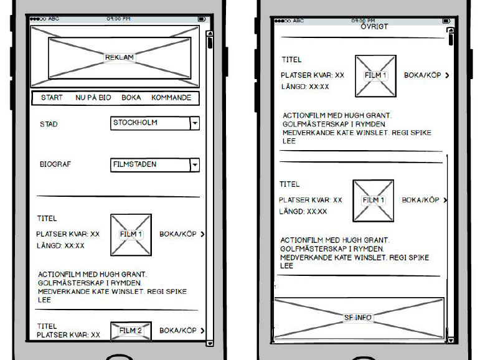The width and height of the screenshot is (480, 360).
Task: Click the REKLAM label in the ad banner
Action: (x=119, y=57)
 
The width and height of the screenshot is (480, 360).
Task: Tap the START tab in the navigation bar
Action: (x=52, y=98)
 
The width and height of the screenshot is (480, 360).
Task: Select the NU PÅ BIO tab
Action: (x=93, y=98)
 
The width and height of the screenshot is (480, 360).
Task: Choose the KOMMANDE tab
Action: (x=171, y=98)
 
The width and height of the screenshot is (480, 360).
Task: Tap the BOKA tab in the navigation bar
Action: (x=131, y=98)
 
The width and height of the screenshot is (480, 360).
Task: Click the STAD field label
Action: (x=49, y=124)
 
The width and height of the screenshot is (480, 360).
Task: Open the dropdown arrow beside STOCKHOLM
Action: (x=195, y=123)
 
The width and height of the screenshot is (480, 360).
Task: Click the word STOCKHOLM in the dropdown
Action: (x=135, y=123)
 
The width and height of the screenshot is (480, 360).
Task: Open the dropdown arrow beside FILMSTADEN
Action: (x=195, y=165)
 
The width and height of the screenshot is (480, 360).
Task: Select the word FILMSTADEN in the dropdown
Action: (x=134, y=164)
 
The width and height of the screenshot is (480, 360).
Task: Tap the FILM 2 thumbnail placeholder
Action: (x=131, y=331)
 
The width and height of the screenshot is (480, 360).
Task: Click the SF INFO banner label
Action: (x=358, y=318)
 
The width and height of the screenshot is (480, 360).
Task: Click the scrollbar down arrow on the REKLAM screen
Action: (x=210, y=343)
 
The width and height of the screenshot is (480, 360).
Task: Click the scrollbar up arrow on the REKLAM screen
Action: (x=210, y=33)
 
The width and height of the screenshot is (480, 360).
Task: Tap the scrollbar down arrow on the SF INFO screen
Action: (x=450, y=339)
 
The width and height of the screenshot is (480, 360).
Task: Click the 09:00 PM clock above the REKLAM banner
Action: (x=118, y=19)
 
